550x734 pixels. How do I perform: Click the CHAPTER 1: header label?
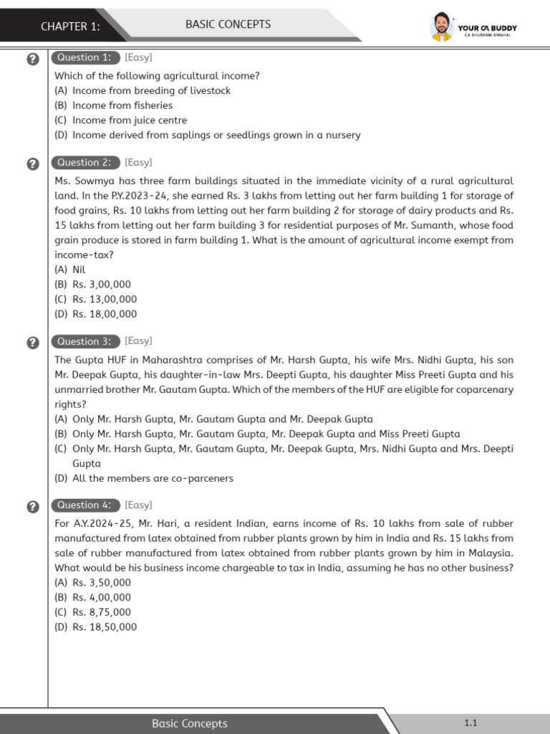tap(70, 27)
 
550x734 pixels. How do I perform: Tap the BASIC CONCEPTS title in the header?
tap(228, 24)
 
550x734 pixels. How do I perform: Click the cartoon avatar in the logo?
tap(441, 27)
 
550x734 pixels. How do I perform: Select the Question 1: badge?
tap(85, 57)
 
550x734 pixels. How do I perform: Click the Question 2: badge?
tap(85, 163)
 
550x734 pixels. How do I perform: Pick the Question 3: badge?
tap(85, 341)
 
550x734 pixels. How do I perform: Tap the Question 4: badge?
tap(85, 505)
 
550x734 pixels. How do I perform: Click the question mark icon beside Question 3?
tap(32, 343)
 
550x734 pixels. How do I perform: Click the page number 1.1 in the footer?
tap(471, 723)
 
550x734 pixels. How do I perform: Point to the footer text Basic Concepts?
tap(190, 723)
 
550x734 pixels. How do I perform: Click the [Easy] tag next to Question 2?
tap(138, 163)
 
